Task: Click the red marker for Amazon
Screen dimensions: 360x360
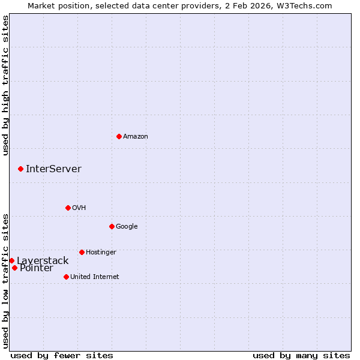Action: pos(119,136)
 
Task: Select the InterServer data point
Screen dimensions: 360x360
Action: pos(20,169)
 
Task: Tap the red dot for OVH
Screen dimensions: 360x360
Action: pos(68,208)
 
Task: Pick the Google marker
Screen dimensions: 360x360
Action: pos(112,226)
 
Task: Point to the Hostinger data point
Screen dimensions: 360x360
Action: pos(82,252)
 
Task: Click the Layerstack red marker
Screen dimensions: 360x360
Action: pos(11,260)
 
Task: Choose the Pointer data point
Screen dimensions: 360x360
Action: pos(14,268)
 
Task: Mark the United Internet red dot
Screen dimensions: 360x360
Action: pos(66,277)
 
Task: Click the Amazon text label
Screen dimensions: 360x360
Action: pos(136,137)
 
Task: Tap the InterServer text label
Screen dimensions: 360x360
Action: pos(53,169)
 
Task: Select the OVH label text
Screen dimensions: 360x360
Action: pos(79,208)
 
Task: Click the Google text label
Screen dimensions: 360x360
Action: pos(127,227)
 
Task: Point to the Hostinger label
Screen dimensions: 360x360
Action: pos(101,253)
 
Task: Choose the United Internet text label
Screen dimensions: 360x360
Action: pos(94,277)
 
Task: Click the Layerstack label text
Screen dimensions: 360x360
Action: pos(43,260)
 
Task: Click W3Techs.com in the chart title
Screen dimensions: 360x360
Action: pos(308,5)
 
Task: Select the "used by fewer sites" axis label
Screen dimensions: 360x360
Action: pos(62,355)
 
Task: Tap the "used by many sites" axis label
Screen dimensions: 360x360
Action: pos(301,355)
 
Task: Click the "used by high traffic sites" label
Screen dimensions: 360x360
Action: pos(5,85)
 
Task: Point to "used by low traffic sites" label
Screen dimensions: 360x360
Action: pos(5,280)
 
